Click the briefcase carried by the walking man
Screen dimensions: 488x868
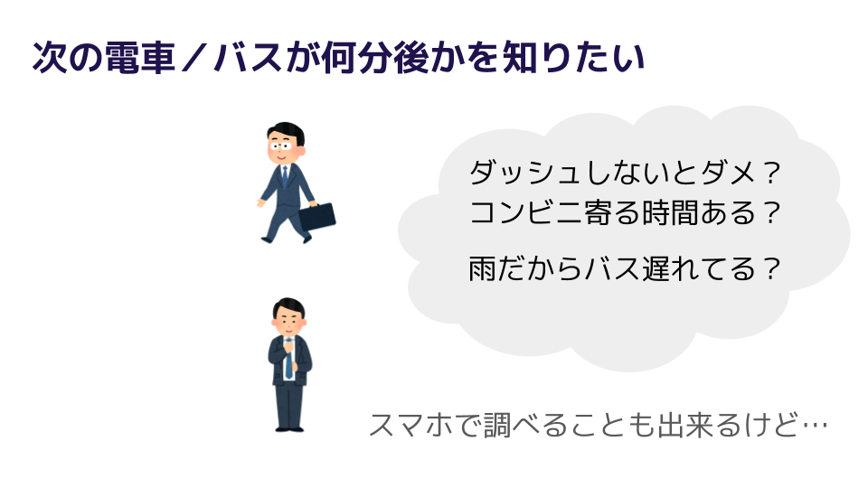[x=316, y=215]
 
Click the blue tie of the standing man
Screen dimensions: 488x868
[x=288, y=362]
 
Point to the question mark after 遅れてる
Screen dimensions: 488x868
[x=770, y=269]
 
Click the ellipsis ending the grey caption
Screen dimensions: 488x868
[x=814, y=425]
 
